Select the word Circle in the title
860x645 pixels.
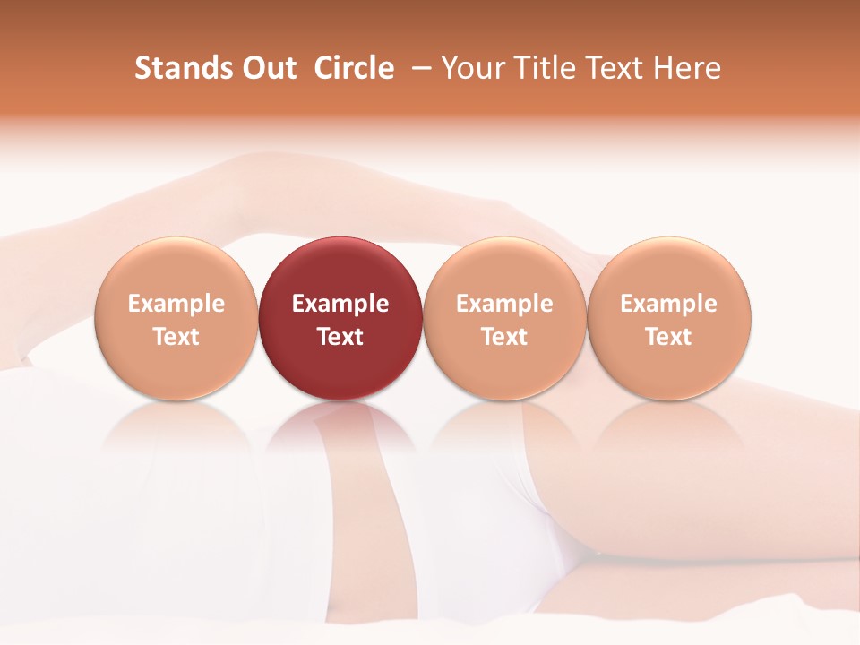coord(354,68)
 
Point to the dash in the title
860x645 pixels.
coord(418,69)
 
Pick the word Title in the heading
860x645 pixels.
coord(537,68)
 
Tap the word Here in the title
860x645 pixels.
coord(686,68)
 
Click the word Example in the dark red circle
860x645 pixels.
coord(340,304)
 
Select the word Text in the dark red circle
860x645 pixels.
coord(340,337)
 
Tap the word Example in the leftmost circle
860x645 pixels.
coord(176,304)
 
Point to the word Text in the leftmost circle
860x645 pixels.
coord(176,337)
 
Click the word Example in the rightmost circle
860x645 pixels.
coord(668,304)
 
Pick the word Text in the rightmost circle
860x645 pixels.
coord(668,337)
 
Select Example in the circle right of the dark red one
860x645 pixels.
coord(504,304)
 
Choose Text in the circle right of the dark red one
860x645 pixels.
coord(504,337)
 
